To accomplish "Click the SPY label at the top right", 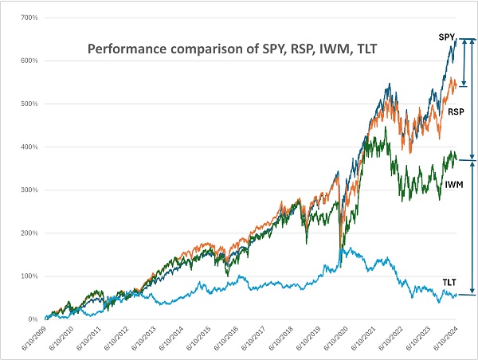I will click(447, 37).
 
